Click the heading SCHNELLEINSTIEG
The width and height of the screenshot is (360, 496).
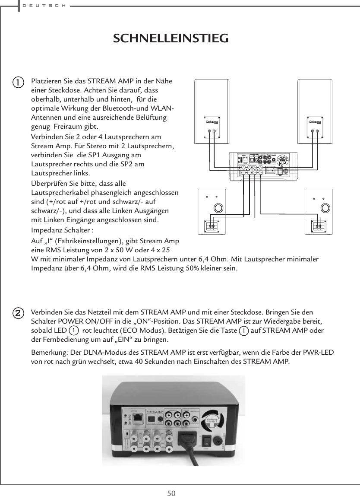tap(171, 38)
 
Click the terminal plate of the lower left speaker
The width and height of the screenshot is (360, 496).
tap(212, 225)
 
